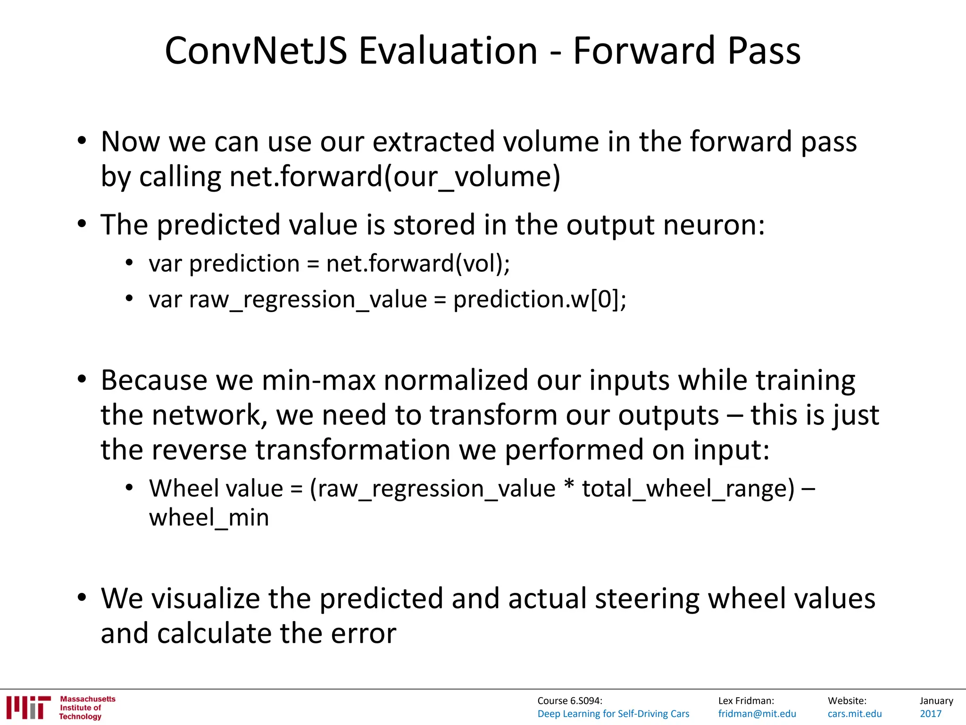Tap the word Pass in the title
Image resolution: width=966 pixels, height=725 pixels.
(x=764, y=51)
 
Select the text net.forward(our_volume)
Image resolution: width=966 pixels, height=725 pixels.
(x=395, y=177)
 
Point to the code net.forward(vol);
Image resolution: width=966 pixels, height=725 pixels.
(x=418, y=263)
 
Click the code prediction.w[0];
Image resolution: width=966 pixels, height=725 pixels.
(x=540, y=299)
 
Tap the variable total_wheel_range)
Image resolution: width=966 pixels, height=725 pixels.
(x=688, y=488)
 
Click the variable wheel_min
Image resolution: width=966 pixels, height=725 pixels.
(x=209, y=517)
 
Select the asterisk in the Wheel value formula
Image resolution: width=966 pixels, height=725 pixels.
(x=569, y=486)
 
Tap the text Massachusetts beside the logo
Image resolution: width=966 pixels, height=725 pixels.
(x=87, y=699)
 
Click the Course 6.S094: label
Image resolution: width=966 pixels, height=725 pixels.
(x=569, y=701)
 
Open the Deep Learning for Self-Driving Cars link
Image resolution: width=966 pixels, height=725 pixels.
(x=613, y=714)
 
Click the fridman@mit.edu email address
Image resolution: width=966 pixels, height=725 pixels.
(x=757, y=714)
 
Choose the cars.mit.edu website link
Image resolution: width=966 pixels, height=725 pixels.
(x=855, y=714)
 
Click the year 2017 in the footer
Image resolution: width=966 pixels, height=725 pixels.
(x=931, y=714)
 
